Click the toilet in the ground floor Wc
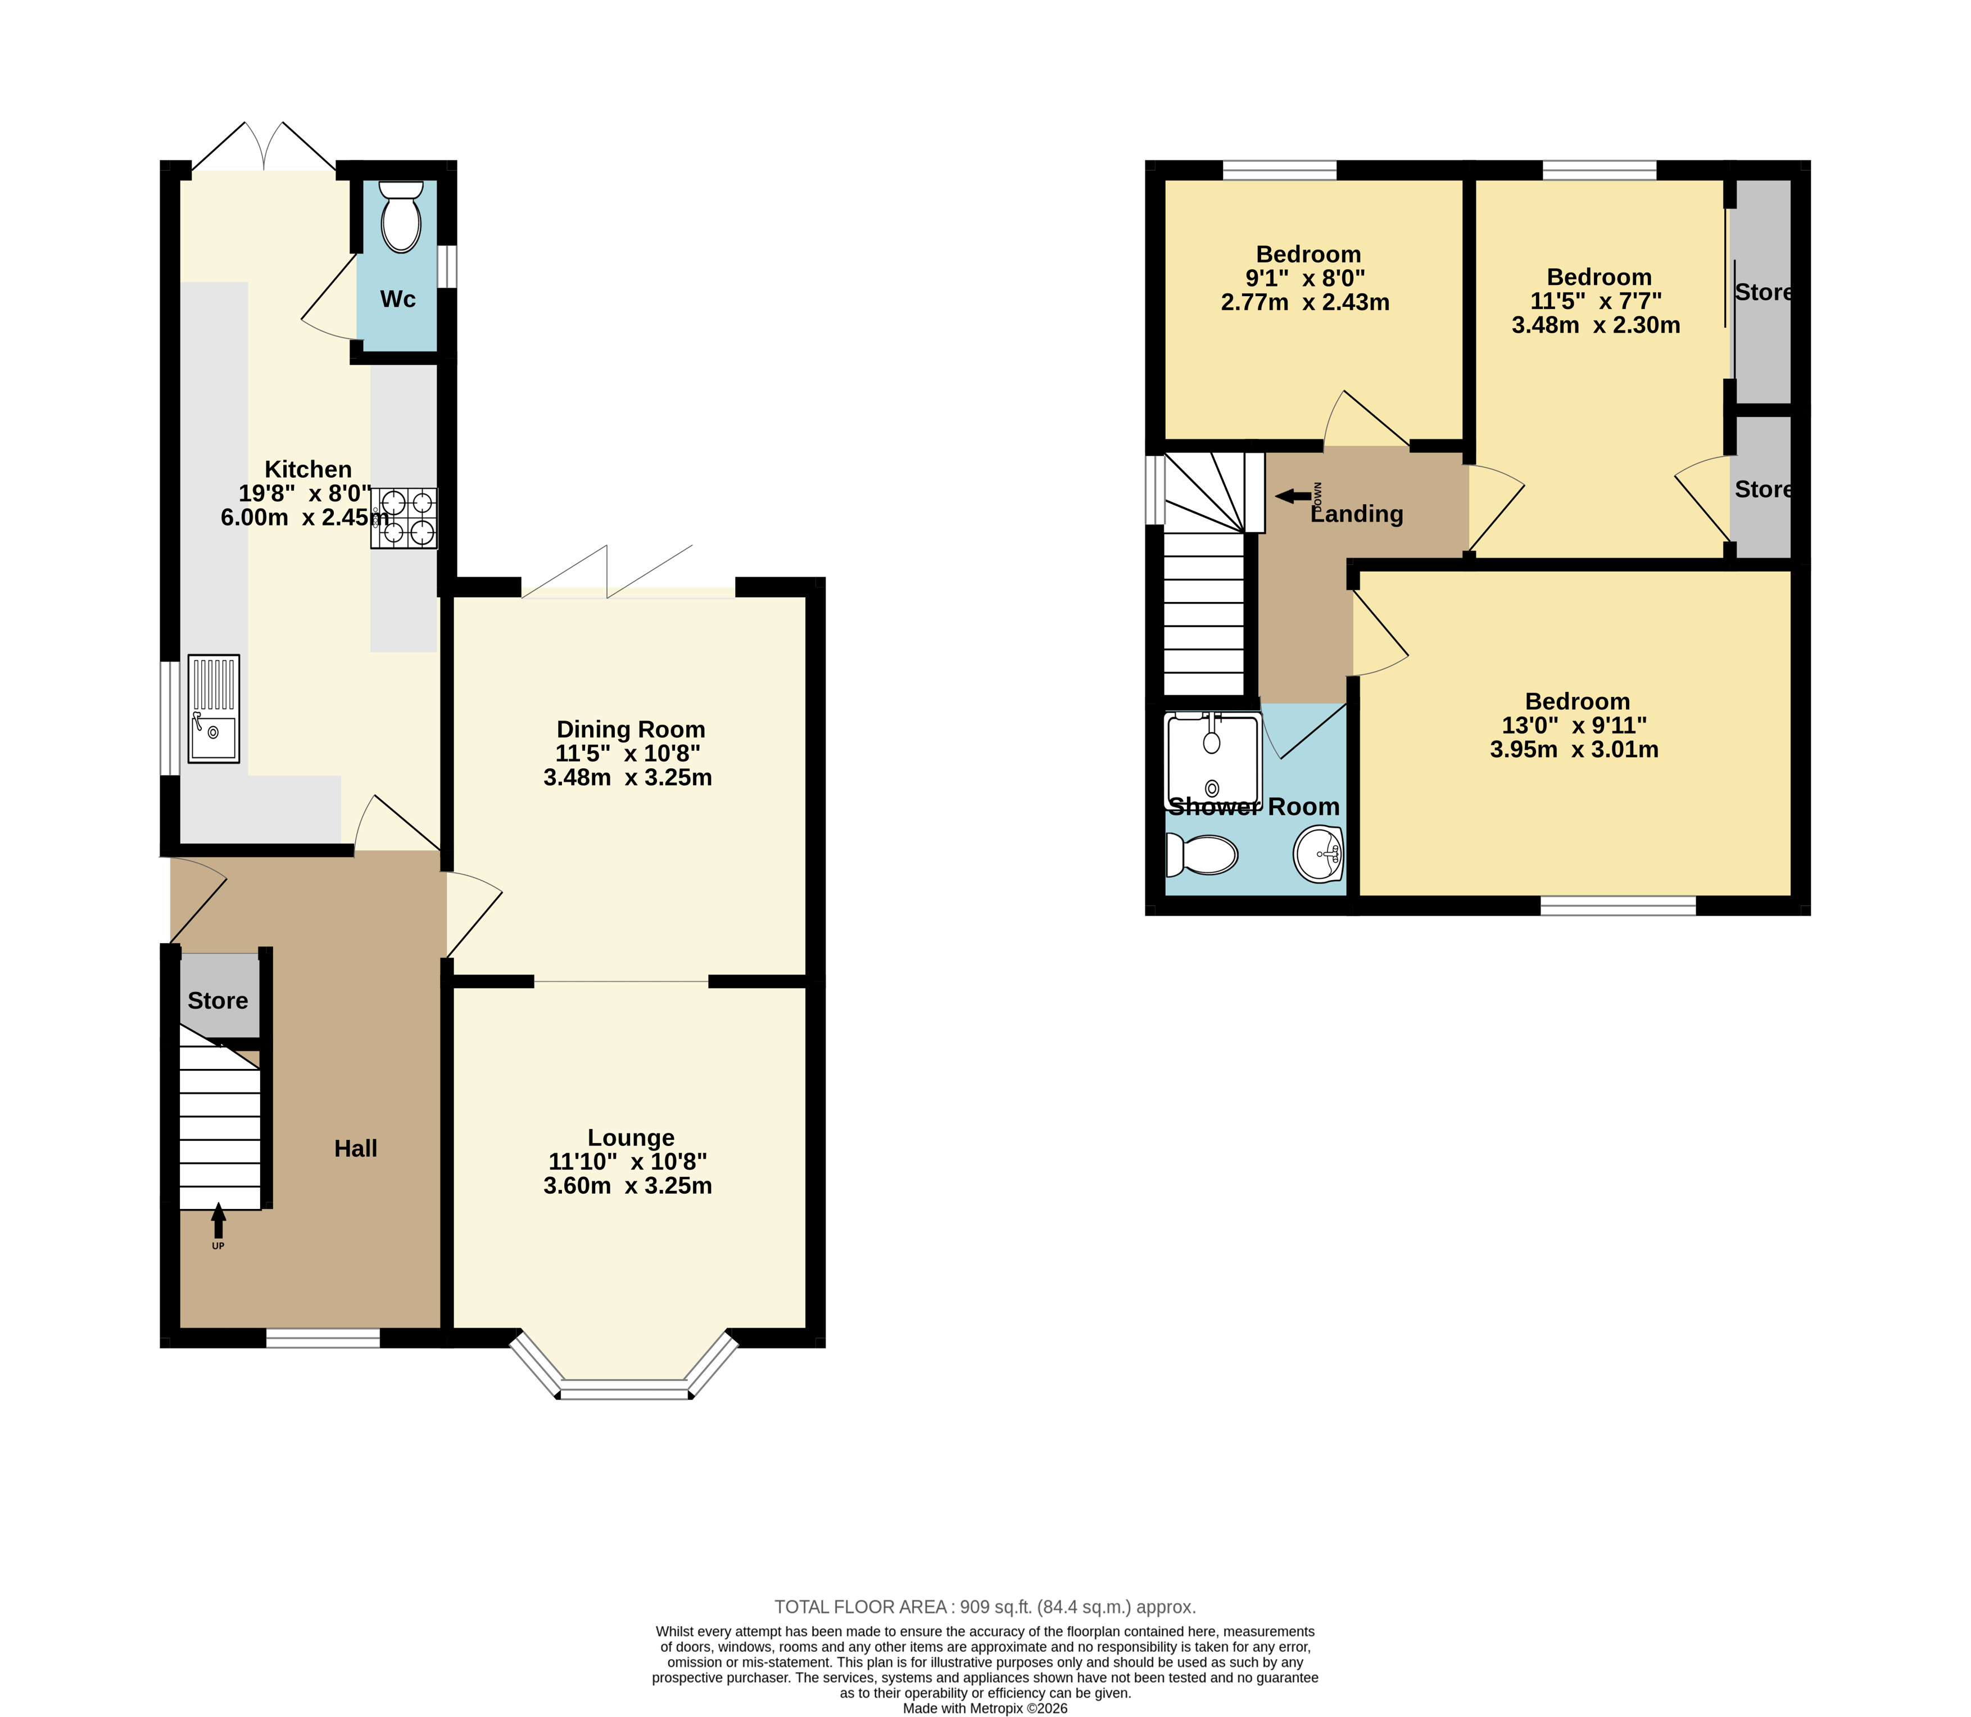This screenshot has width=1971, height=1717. pyautogui.click(x=401, y=216)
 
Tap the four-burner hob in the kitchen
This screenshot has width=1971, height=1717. pyautogui.click(x=404, y=518)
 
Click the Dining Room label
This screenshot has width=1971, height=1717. pyautogui.click(x=631, y=729)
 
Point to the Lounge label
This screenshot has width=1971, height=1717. pyautogui.click(x=631, y=1138)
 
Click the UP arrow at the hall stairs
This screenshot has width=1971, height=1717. pyautogui.click(x=219, y=1222)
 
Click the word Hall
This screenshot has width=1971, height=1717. pyautogui.click(x=356, y=1148)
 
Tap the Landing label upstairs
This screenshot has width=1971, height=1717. pyautogui.click(x=1357, y=514)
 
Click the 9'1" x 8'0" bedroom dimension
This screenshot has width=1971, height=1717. pyautogui.click(x=1305, y=278)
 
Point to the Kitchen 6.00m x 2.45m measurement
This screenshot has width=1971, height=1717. pyautogui.click(x=305, y=518)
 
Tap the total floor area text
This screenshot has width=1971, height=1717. pyautogui.click(x=985, y=1607)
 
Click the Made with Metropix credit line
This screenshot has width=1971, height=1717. pyautogui.click(x=985, y=1707)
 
